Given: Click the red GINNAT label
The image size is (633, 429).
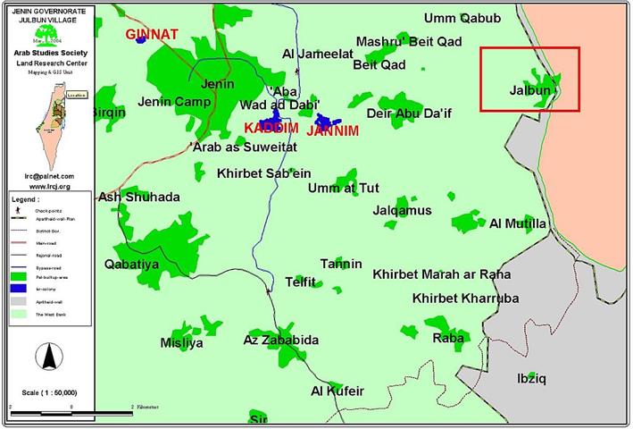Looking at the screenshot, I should coord(152,35).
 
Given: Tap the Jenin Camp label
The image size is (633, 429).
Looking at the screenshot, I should coord(174,102).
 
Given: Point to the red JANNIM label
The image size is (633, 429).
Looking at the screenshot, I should coord(332,130).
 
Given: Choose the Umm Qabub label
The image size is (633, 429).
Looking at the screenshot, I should coord(462,18).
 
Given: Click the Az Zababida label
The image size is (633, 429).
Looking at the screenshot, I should coord(280,341).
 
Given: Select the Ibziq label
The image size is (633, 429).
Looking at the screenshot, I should coord(531,379).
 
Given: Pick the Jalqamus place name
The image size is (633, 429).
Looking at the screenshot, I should coord(402,211).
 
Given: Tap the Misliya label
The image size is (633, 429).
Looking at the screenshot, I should coord(181,343).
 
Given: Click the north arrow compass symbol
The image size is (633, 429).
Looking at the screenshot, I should coord(49,357).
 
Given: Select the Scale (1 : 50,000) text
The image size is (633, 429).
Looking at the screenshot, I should coord(48,392).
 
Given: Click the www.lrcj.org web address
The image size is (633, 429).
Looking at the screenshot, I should coord(49,186).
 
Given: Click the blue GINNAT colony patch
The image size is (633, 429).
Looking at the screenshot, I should coord(138,40).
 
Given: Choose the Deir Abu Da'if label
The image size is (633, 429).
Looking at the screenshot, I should coord(410,114).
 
